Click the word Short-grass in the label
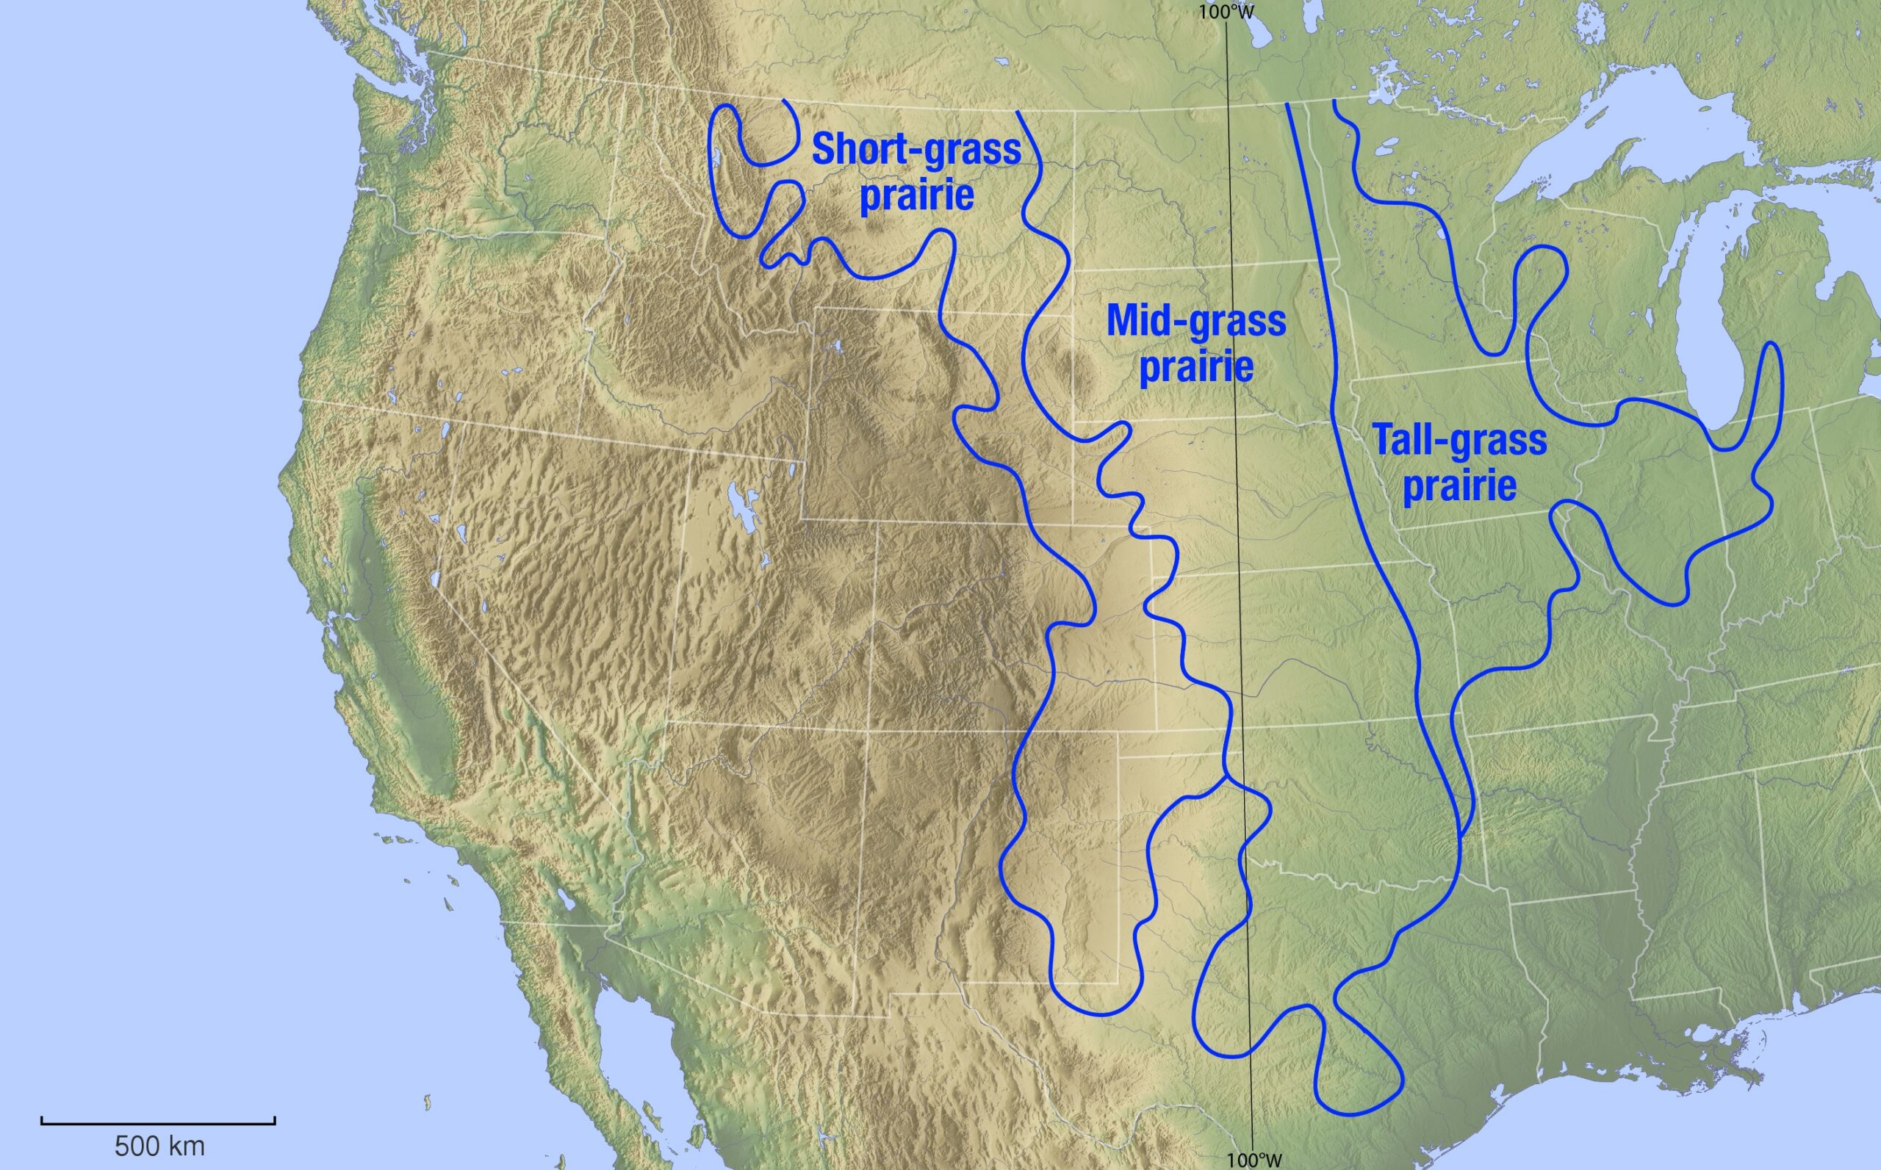[916, 148]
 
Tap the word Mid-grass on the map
[1196, 320]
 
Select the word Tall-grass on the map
[1460, 440]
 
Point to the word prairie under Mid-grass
[1196, 366]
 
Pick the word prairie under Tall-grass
[1460, 487]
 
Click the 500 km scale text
[159, 1145]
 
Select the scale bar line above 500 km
[158, 1120]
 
